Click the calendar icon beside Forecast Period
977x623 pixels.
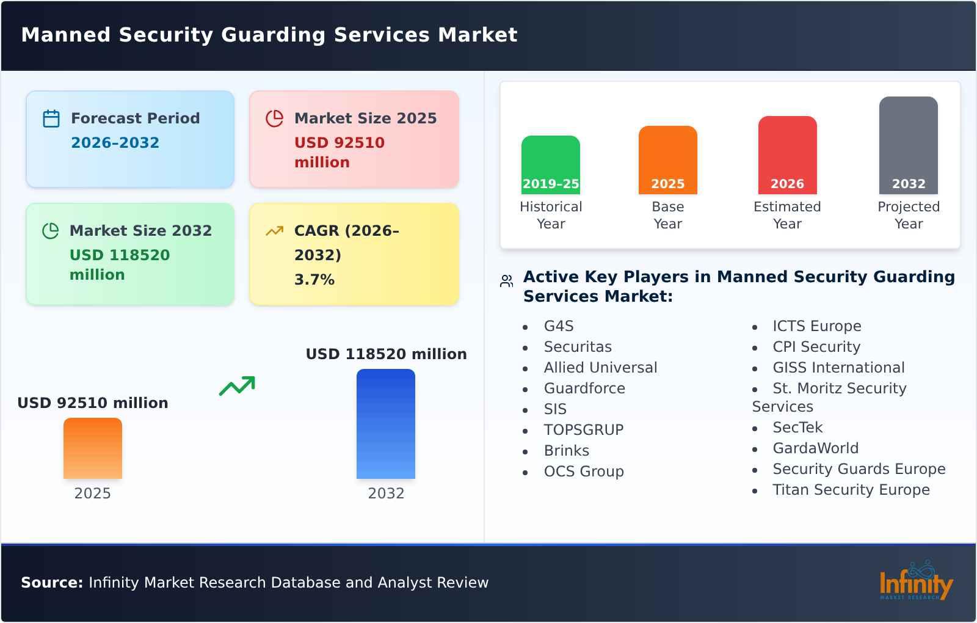pos(51,118)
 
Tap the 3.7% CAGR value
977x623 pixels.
pos(314,280)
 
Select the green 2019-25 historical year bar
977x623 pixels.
pos(550,164)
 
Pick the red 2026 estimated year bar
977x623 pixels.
pos(787,154)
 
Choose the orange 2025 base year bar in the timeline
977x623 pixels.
pos(667,159)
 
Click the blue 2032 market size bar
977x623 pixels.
pos(385,424)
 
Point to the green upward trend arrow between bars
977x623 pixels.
pos(237,386)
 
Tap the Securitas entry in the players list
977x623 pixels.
pos(577,347)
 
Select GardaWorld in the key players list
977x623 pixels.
pos(815,448)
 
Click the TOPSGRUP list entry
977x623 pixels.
pos(583,430)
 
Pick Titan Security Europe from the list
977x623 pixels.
pos(851,490)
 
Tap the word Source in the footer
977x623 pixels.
pos(51,583)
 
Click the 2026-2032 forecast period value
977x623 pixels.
pos(115,143)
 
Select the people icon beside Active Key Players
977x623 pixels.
pos(506,281)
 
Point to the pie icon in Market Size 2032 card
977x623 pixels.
pos(50,231)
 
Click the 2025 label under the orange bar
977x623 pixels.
pos(92,494)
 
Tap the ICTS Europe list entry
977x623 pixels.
pos(816,326)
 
